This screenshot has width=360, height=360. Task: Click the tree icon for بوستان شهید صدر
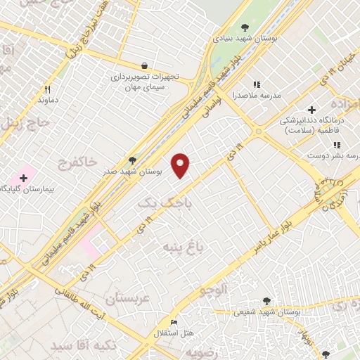tap(133, 161)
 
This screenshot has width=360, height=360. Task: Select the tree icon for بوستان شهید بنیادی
tap(245, 27)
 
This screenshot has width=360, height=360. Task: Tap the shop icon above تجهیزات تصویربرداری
tap(144, 64)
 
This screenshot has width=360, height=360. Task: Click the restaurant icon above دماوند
tap(48, 89)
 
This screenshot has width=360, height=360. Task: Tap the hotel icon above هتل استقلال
tap(174, 323)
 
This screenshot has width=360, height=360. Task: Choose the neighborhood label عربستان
tap(127, 297)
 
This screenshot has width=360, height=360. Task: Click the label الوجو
tap(214, 288)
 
